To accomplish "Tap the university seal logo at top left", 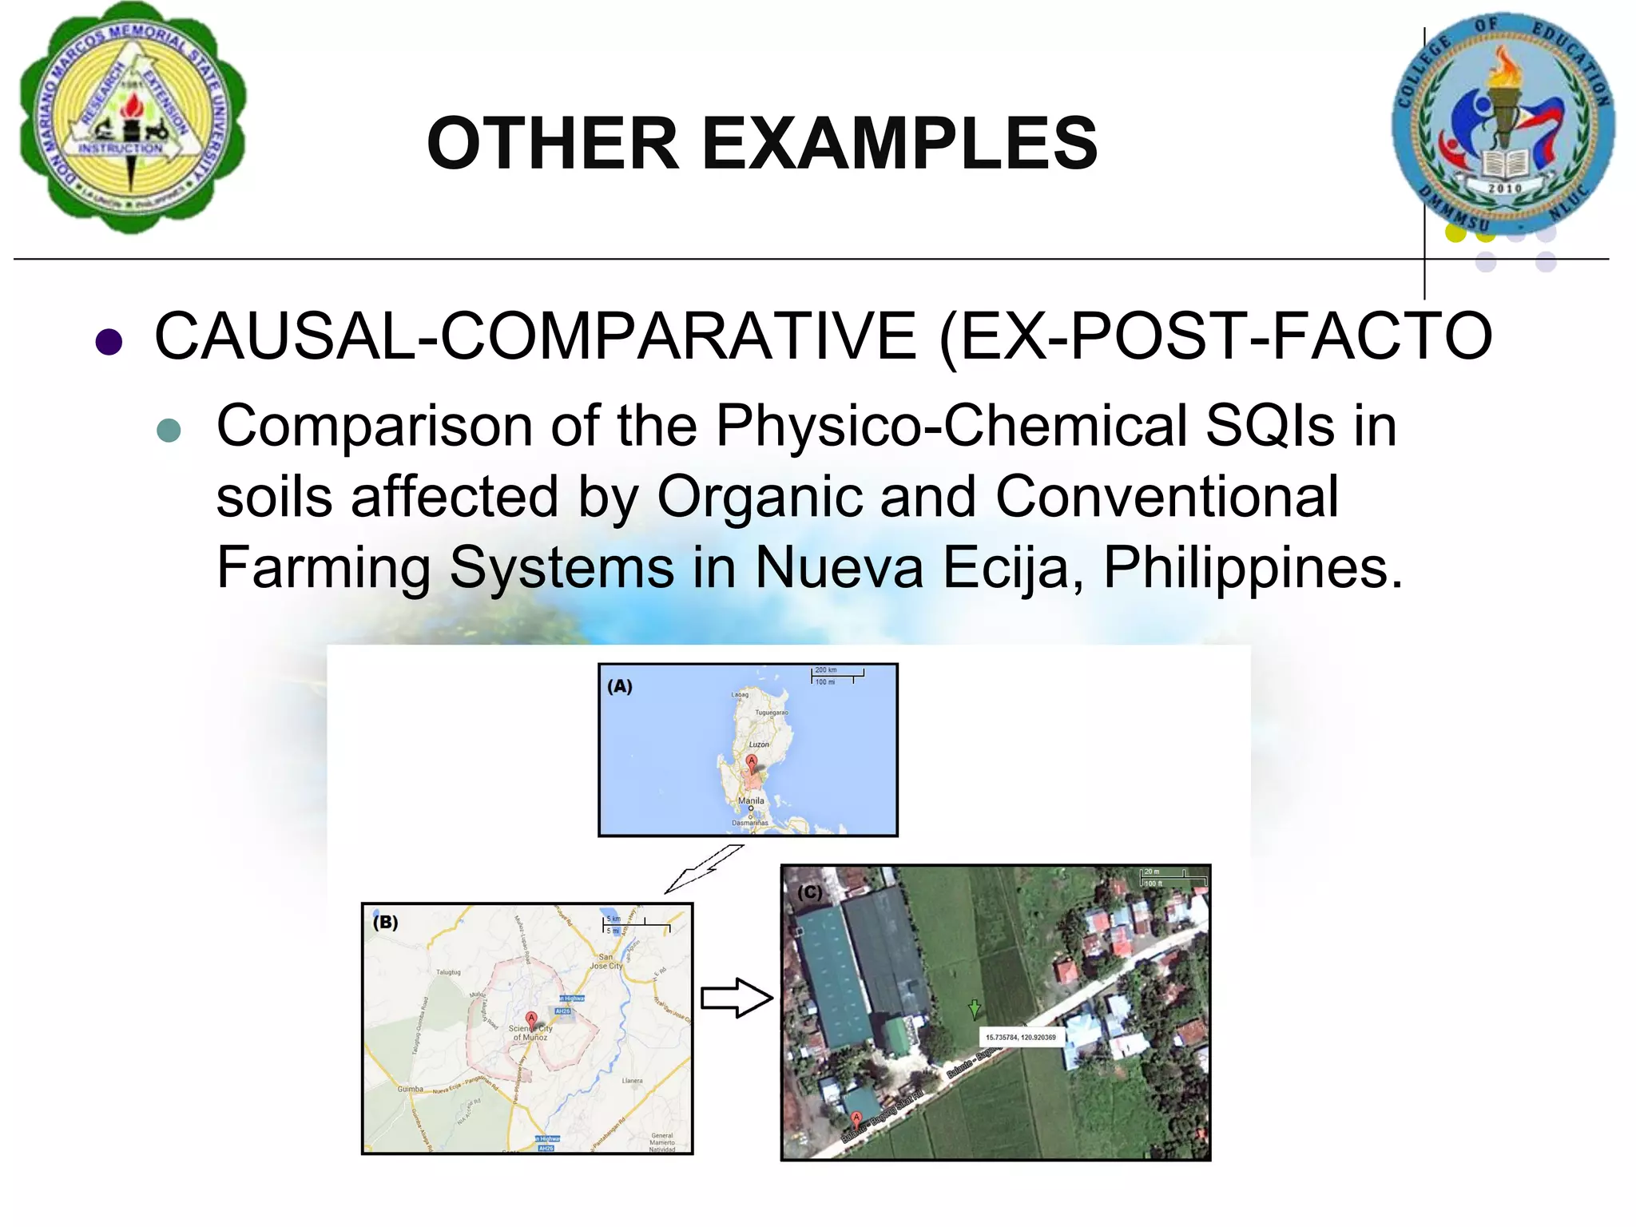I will [x=132, y=118].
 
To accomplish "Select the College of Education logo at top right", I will [x=1502, y=124].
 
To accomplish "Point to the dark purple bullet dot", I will [x=109, y=341].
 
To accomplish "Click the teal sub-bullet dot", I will [x=169, y=431].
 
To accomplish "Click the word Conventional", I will [x=1166, y=497].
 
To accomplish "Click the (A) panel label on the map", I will [x=620, y=686].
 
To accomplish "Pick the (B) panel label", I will [x=385, y=922].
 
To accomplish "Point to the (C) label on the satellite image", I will [x=809, y=891].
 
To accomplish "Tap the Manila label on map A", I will [x=751, y=800].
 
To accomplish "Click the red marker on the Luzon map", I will [x=752, y=761].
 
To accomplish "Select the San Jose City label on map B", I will [x=606, y=961].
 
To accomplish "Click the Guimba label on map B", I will [x=410, y=1089].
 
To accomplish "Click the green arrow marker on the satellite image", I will [x=975, y=1008].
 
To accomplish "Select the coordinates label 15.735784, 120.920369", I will [x=1020, y=1038].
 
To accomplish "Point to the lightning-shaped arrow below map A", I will [x=703, y=868].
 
